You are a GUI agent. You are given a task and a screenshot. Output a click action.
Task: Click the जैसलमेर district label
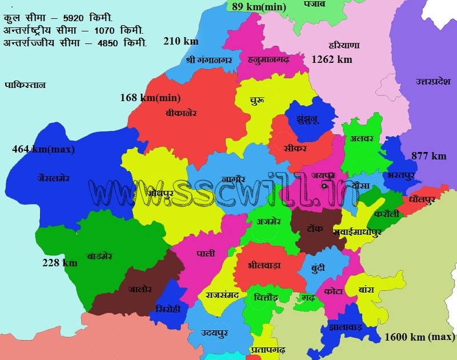[53, 178]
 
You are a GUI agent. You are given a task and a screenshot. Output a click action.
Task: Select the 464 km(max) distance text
[43, 150]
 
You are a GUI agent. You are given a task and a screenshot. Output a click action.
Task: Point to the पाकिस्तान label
[25, 85]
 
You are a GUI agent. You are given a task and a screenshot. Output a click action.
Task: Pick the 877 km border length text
[428, 156]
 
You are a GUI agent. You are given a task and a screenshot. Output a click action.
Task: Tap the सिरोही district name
[168, 309]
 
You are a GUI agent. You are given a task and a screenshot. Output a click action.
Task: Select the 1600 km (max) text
[419, 337]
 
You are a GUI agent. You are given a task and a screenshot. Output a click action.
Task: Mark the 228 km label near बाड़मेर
[59, 263]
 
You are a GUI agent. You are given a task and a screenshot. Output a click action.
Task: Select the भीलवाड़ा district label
[264, 265]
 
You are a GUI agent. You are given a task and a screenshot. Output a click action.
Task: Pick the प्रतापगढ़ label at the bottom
[267, 349]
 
